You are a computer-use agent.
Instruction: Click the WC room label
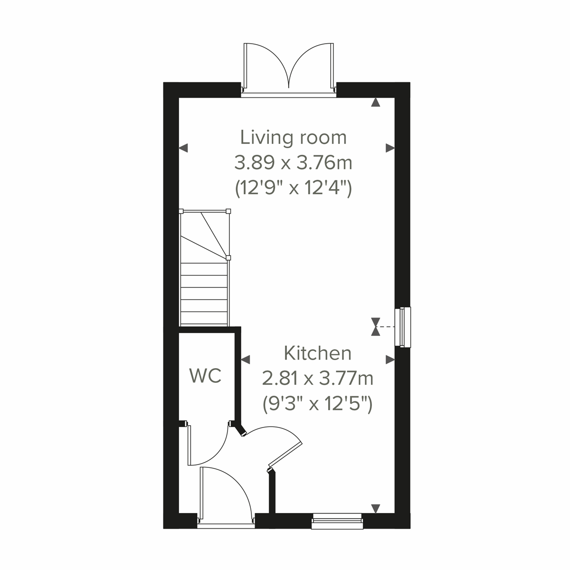205,376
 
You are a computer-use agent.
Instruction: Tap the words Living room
294,137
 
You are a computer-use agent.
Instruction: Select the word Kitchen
317,353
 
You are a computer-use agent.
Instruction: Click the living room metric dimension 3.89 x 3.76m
294,163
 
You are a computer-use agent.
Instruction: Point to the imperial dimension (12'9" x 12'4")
294,189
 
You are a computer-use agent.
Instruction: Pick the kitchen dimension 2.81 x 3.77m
317,379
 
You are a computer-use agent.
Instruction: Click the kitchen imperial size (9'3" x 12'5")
317,405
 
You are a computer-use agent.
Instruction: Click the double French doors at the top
289,69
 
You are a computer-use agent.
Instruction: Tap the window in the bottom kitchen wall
337,521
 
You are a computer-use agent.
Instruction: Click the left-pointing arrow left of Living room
184,149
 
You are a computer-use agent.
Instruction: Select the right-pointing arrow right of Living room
390,149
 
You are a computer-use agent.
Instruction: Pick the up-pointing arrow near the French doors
376,102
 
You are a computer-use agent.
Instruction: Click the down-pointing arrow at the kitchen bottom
376,509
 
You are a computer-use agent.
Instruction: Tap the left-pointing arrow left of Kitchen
246,360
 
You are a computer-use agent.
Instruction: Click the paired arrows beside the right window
376,327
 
